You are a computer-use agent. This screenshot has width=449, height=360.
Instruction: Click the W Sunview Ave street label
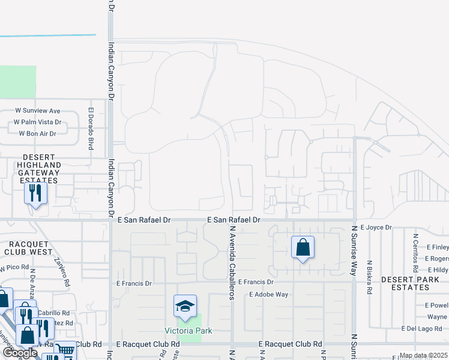pos(38,110)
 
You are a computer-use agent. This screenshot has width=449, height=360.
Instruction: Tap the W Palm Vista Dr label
pos(38,122)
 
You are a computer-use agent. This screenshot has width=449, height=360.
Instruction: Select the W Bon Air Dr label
pos(37,133)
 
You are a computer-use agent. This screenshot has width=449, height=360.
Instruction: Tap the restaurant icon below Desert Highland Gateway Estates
pos(35,193)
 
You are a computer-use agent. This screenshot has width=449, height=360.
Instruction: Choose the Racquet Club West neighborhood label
pos(31,248)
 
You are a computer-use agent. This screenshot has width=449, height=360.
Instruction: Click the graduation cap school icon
pos(185,307)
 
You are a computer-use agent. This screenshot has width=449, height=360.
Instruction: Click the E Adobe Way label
pos(269,295)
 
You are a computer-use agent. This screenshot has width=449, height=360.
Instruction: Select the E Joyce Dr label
pos(376,227)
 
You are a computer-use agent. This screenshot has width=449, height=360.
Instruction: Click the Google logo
pos(20,352)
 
